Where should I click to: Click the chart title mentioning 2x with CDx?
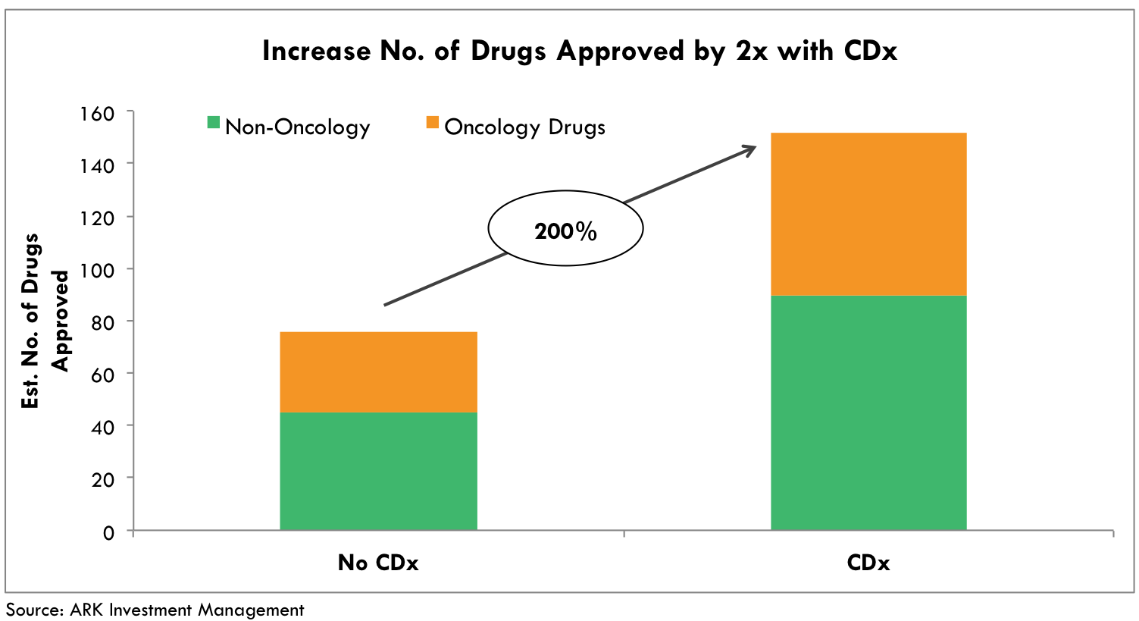coord(580,52)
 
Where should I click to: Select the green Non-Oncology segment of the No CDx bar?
coord(378,471)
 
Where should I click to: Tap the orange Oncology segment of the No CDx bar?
coord(378,372)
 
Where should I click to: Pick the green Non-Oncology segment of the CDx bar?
coord(868,412)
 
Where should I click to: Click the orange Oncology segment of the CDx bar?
coord(868,214)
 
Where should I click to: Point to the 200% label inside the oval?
coord(565,231)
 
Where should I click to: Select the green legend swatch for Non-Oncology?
coord(214,123)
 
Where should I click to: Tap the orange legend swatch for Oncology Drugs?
coord(433,123)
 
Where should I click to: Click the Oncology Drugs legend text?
coord(524,127)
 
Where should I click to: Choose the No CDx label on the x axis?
coord(378,563)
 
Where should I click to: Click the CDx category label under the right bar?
coord(868,563)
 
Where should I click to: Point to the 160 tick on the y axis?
coord(97,114)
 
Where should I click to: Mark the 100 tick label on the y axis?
coord(97,271)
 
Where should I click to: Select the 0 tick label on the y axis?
coord(108,532)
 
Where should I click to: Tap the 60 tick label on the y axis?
coord(102,375)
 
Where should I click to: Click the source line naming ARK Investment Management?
coord(155,610)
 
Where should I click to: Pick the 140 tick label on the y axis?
coord(97,166)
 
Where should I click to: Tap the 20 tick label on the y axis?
coord(102,480)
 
